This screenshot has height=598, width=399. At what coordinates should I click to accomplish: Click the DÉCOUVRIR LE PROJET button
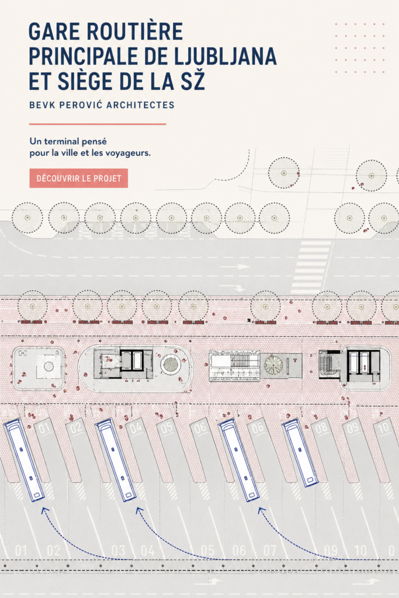[79, 178]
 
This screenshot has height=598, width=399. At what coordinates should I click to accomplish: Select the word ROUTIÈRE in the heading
[135, 32]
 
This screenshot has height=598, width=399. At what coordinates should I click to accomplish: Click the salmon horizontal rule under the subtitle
[98, 124]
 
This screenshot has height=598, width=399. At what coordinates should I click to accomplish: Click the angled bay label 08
[321, 427]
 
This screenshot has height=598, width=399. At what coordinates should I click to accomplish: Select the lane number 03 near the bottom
[118, 550]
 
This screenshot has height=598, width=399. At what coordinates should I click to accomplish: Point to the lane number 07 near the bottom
[270, 550]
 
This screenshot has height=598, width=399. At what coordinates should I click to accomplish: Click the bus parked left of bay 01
[23, 460]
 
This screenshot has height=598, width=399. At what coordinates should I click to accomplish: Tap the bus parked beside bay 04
[116, 460]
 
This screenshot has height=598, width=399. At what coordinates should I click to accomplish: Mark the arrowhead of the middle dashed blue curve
[139, 510]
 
